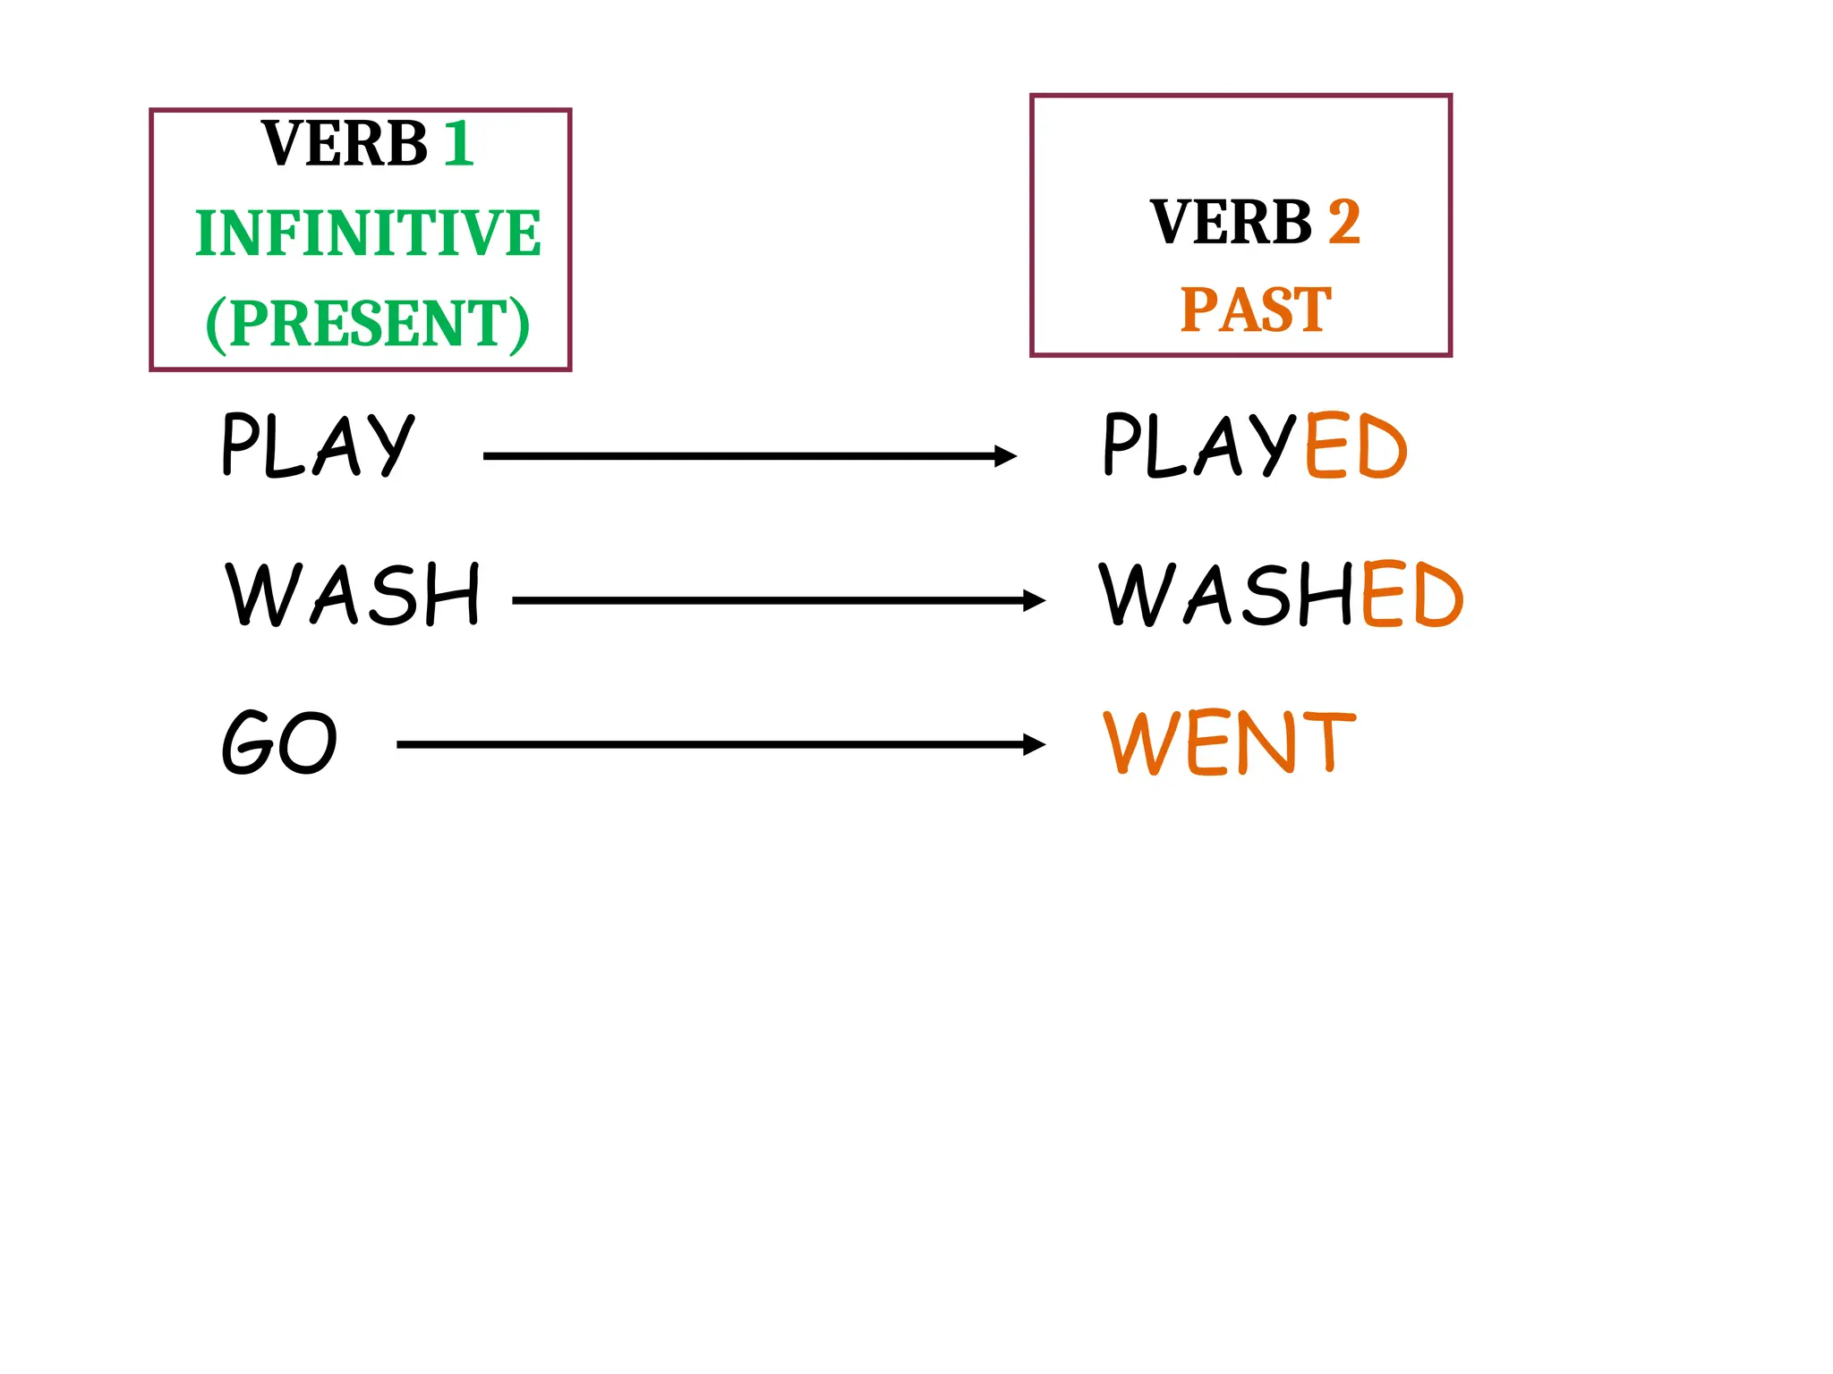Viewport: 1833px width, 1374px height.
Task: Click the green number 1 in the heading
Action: click(x=458, y=143)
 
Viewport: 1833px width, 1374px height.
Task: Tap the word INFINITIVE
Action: click(x=368, y=233)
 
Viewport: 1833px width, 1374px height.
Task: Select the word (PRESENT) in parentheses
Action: click(x=368, y=323)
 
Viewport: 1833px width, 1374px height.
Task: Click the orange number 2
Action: click(x=1343, y=222)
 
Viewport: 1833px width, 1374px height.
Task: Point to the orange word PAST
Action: click(x=1256, y=310)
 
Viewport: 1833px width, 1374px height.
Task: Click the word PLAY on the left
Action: click(x=318, y=445)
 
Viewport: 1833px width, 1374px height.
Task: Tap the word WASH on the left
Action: click(x=353, y=594)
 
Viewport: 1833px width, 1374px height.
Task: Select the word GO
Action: click(x=279, y=742)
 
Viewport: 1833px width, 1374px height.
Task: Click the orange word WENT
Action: click(x=1229, y=742)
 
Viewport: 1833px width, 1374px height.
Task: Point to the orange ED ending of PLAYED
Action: click(x=1356, y=445)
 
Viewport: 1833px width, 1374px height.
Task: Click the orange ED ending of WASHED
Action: click(x=1411, y=595)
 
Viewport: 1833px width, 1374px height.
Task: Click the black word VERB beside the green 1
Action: click(x=345, y=143)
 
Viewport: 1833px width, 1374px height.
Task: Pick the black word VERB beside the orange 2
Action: click(x=1231, y=222)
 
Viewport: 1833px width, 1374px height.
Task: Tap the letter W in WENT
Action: click(x=1138, y=742)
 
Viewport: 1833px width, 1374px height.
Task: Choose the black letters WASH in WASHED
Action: click(x=1228, y=595)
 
